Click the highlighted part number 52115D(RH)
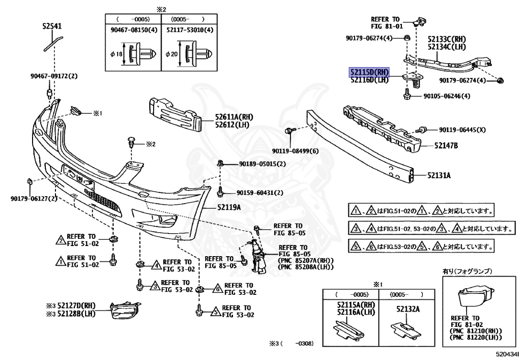[369, 72]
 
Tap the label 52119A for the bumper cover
[229, 207]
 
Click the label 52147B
[446, 146]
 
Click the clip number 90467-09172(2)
[53, 76]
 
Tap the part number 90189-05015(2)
[262, 164]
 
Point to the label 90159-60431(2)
[260, 192]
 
